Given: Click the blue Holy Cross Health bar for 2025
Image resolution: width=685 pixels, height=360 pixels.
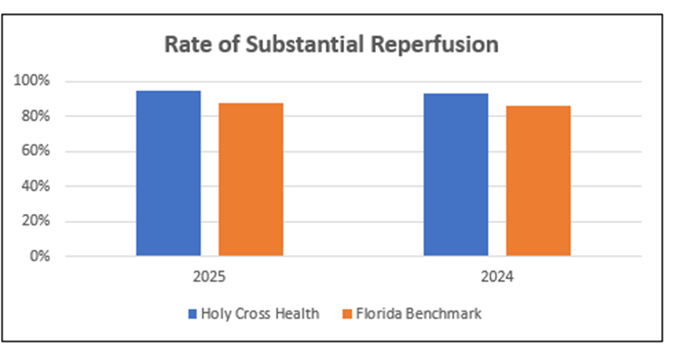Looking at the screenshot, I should (168, 173).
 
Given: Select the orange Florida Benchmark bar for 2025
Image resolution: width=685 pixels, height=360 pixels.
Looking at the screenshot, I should (251, 180).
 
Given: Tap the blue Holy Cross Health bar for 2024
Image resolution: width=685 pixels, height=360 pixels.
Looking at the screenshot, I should (455, 175).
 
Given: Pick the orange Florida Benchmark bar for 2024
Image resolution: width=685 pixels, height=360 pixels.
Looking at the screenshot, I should (538, 181).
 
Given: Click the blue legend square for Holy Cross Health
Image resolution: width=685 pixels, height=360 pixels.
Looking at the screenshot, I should (192, 312).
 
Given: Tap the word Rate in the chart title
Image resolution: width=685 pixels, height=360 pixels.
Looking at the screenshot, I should (185, 44).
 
